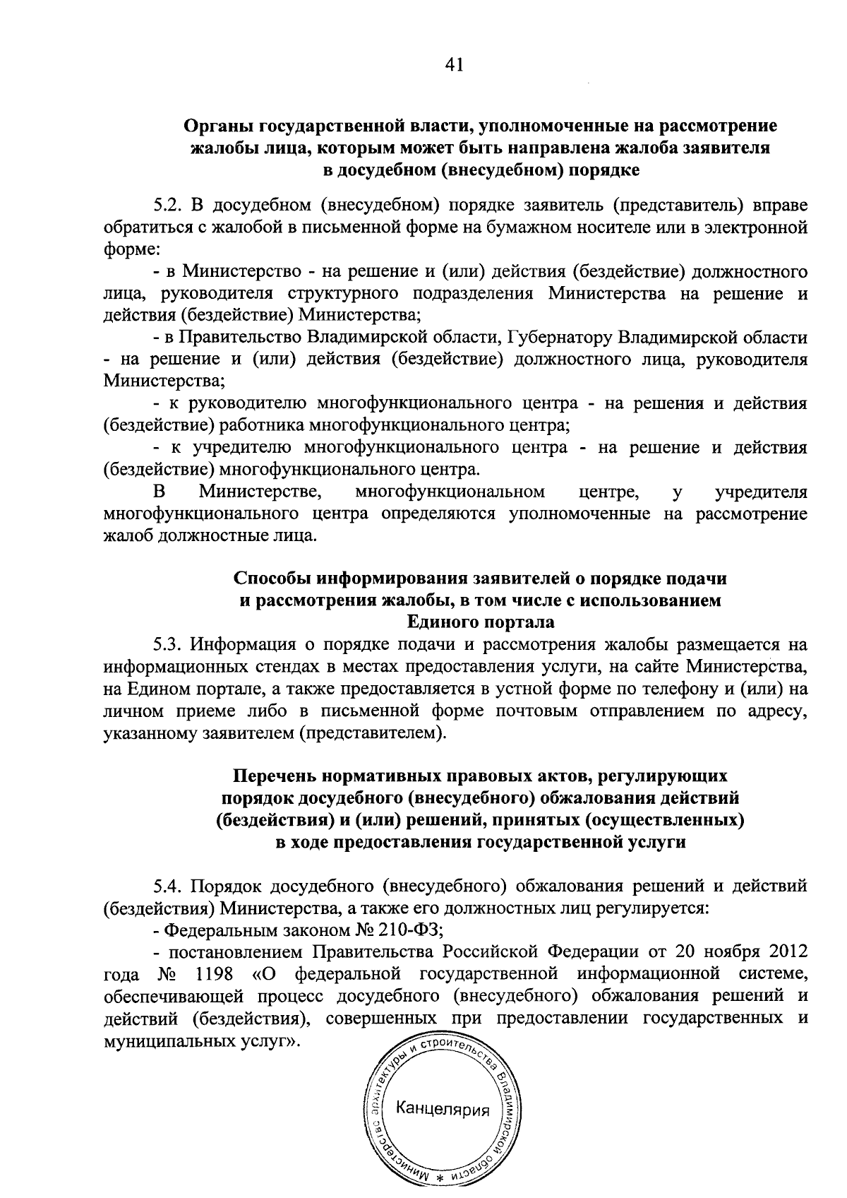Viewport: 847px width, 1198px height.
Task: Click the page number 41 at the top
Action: pos(454,65)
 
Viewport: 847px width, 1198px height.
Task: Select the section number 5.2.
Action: pos(169,206)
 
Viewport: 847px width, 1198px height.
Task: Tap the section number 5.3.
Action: pos(169,645)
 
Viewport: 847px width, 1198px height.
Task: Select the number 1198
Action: pos(212,973)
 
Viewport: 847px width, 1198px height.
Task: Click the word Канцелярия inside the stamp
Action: pos(443,1109)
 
